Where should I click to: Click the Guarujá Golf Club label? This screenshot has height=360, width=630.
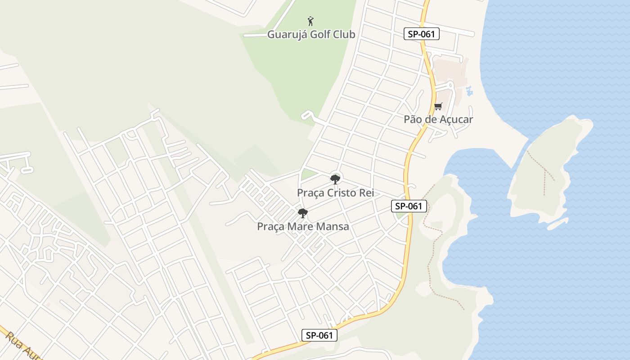311,35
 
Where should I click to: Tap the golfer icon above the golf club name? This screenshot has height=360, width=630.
310,21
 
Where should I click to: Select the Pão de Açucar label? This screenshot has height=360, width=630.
438,119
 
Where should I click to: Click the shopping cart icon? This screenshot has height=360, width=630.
438,107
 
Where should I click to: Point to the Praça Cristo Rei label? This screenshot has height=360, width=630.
335,193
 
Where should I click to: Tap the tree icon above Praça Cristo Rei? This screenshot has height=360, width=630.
335,180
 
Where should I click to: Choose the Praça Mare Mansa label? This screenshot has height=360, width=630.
303,226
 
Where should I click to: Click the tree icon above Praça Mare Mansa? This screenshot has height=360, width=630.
303,213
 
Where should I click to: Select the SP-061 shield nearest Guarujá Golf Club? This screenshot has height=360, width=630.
421,34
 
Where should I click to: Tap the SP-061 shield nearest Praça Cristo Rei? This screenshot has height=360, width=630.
409,206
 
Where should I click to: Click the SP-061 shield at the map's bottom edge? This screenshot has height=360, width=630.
319,335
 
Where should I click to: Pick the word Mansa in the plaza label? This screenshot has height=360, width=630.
333,226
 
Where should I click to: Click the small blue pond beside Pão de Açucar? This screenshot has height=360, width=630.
470,90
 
